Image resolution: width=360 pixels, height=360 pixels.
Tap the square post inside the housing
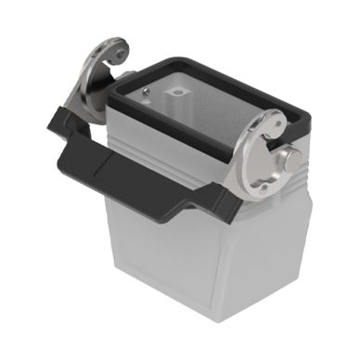(177, 96)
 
